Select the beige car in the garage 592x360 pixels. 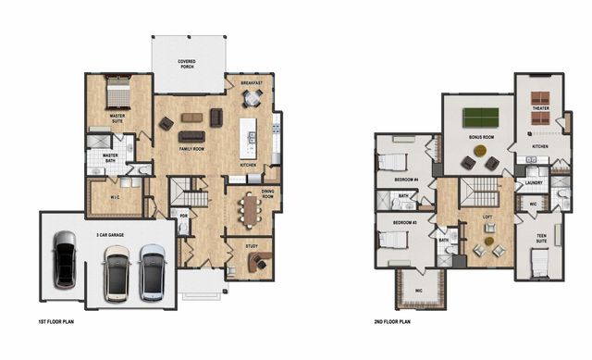117,272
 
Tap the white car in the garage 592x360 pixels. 153,271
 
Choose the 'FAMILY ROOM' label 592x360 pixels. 192,148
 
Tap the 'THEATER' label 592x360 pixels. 540,108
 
